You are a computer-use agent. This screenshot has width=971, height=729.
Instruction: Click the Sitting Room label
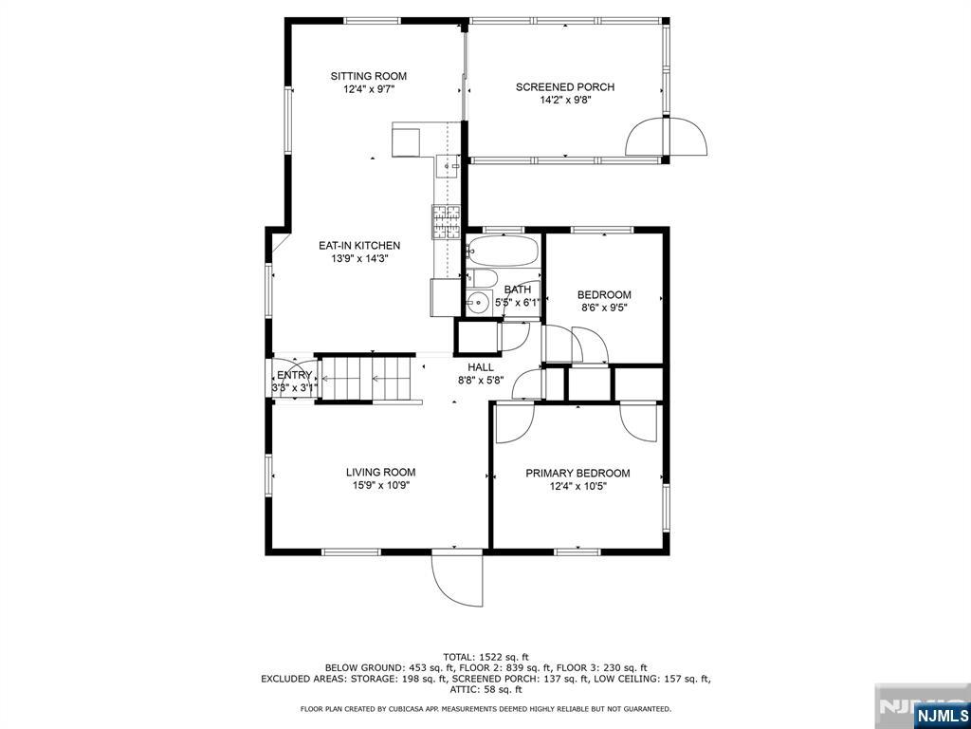coord(369,76)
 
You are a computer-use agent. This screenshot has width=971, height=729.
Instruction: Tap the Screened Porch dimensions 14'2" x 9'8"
coord(565,100)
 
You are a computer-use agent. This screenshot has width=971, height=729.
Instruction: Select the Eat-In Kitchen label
coord(359,246)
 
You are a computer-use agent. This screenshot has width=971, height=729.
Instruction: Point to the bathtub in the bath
coord(503,251)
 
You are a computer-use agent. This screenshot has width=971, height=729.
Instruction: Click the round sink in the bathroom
coord(479,303)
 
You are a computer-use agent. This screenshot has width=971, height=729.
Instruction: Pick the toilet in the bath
coord(481,278)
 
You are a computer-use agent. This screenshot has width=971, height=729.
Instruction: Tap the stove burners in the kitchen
coord(447,222)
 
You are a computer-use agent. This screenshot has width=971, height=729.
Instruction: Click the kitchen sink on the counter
coord(448,165)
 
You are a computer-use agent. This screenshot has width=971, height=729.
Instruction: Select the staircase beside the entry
coord(367,379)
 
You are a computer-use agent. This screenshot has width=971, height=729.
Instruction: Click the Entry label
coord(294,375)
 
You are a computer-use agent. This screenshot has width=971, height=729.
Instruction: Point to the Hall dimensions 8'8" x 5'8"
coord(481,380)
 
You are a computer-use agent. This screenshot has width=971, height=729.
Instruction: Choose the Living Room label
coord(381,473)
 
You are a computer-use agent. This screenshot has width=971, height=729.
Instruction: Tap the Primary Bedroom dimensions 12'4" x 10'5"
coord(577,486)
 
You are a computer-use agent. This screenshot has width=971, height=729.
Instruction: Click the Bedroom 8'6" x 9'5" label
coord(604,301)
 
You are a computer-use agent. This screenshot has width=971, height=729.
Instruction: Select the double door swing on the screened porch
coord(666,136)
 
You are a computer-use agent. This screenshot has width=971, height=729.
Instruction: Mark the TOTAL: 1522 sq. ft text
coord(485,657)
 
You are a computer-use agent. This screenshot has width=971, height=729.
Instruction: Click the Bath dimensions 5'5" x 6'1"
coord(518,303)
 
